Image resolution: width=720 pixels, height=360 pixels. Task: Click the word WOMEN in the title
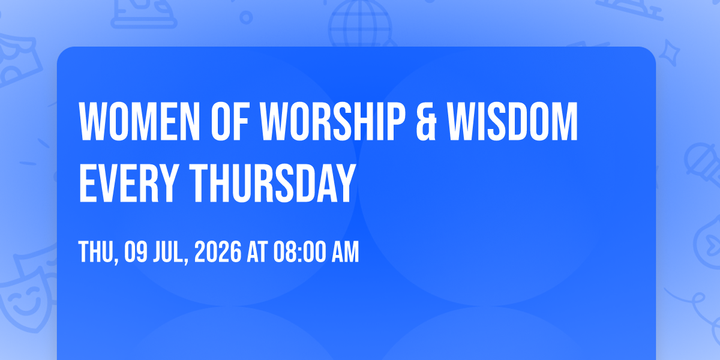(139, 121)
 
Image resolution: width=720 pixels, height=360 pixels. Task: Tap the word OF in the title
(230, 121)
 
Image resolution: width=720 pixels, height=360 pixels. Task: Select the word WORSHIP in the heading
(332, 121)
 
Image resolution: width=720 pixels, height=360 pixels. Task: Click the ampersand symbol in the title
(426, 121)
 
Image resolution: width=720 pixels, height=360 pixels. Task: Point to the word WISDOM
(512, 121)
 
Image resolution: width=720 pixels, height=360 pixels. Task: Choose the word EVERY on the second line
(128, 183)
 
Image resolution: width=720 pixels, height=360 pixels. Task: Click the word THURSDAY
(272, 183)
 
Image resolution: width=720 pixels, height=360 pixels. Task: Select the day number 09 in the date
(136, 252)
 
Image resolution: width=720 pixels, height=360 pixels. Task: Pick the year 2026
(218, 252)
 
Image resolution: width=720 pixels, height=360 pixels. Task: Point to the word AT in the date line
(257, 252)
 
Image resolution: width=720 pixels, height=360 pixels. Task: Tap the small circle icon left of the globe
(246, 17)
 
